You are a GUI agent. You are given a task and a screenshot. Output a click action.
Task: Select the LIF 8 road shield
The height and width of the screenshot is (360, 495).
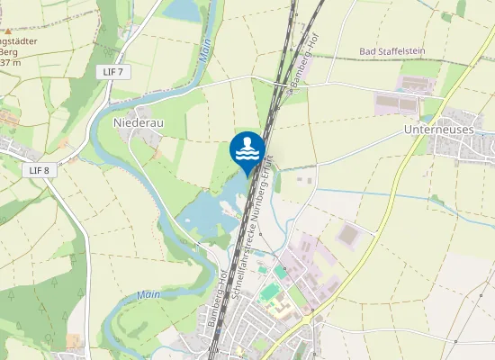38,170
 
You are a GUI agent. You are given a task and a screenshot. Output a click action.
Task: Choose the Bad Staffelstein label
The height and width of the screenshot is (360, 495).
393,51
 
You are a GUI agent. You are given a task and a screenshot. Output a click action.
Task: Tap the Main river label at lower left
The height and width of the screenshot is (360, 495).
148,294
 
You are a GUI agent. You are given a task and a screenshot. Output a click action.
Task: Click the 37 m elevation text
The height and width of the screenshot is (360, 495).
10,63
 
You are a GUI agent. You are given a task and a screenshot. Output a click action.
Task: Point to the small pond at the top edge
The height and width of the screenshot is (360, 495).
184,9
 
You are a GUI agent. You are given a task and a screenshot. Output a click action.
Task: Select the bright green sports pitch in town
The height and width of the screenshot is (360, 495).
270,292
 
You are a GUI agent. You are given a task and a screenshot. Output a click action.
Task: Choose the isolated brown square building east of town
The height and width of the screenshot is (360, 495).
348,236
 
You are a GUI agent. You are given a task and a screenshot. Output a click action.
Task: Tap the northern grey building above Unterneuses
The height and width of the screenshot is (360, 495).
415,84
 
